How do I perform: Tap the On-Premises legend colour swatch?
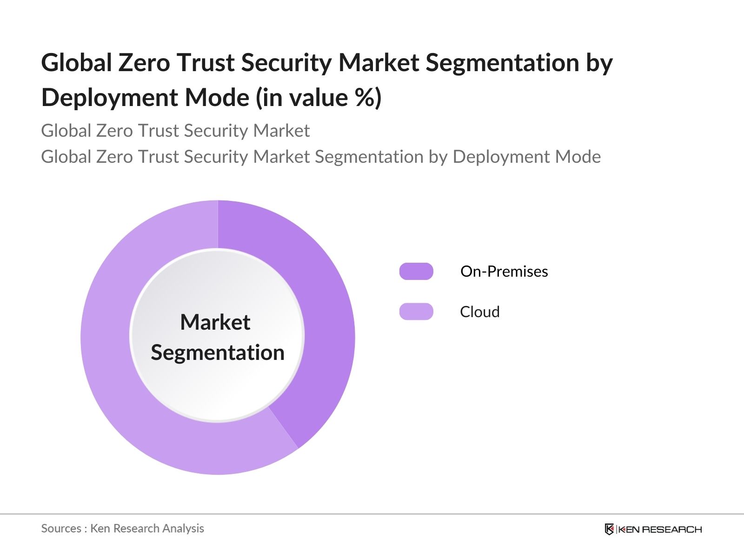pyautogui.click(x=416, y=271)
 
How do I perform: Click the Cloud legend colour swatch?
pyautogui.click(x=416, y=312)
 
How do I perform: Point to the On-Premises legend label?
pyautogui.click(x=504, y=271)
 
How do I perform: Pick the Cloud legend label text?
pyautogui.click(x=479, y=312)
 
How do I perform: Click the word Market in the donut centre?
pyautogui.click(x=215, y=322)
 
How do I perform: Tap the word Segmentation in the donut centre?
pyautogui.click(x=218, y=352)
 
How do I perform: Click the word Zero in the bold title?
pyautogui.click(x=144, y=63)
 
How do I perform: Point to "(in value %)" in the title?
pyautogui.click(x=319, y=98)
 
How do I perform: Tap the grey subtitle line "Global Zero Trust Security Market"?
pyautogui.click(x=175, y=131)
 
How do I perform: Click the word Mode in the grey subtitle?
pyautogui.click(x=578, y=157)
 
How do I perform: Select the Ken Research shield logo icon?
pyautogui.click(x=609, y=529)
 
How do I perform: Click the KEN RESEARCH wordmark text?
pyautogui.click(x=660, y=529)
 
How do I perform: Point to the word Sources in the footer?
pyautogui.click(x=61, y=528)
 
